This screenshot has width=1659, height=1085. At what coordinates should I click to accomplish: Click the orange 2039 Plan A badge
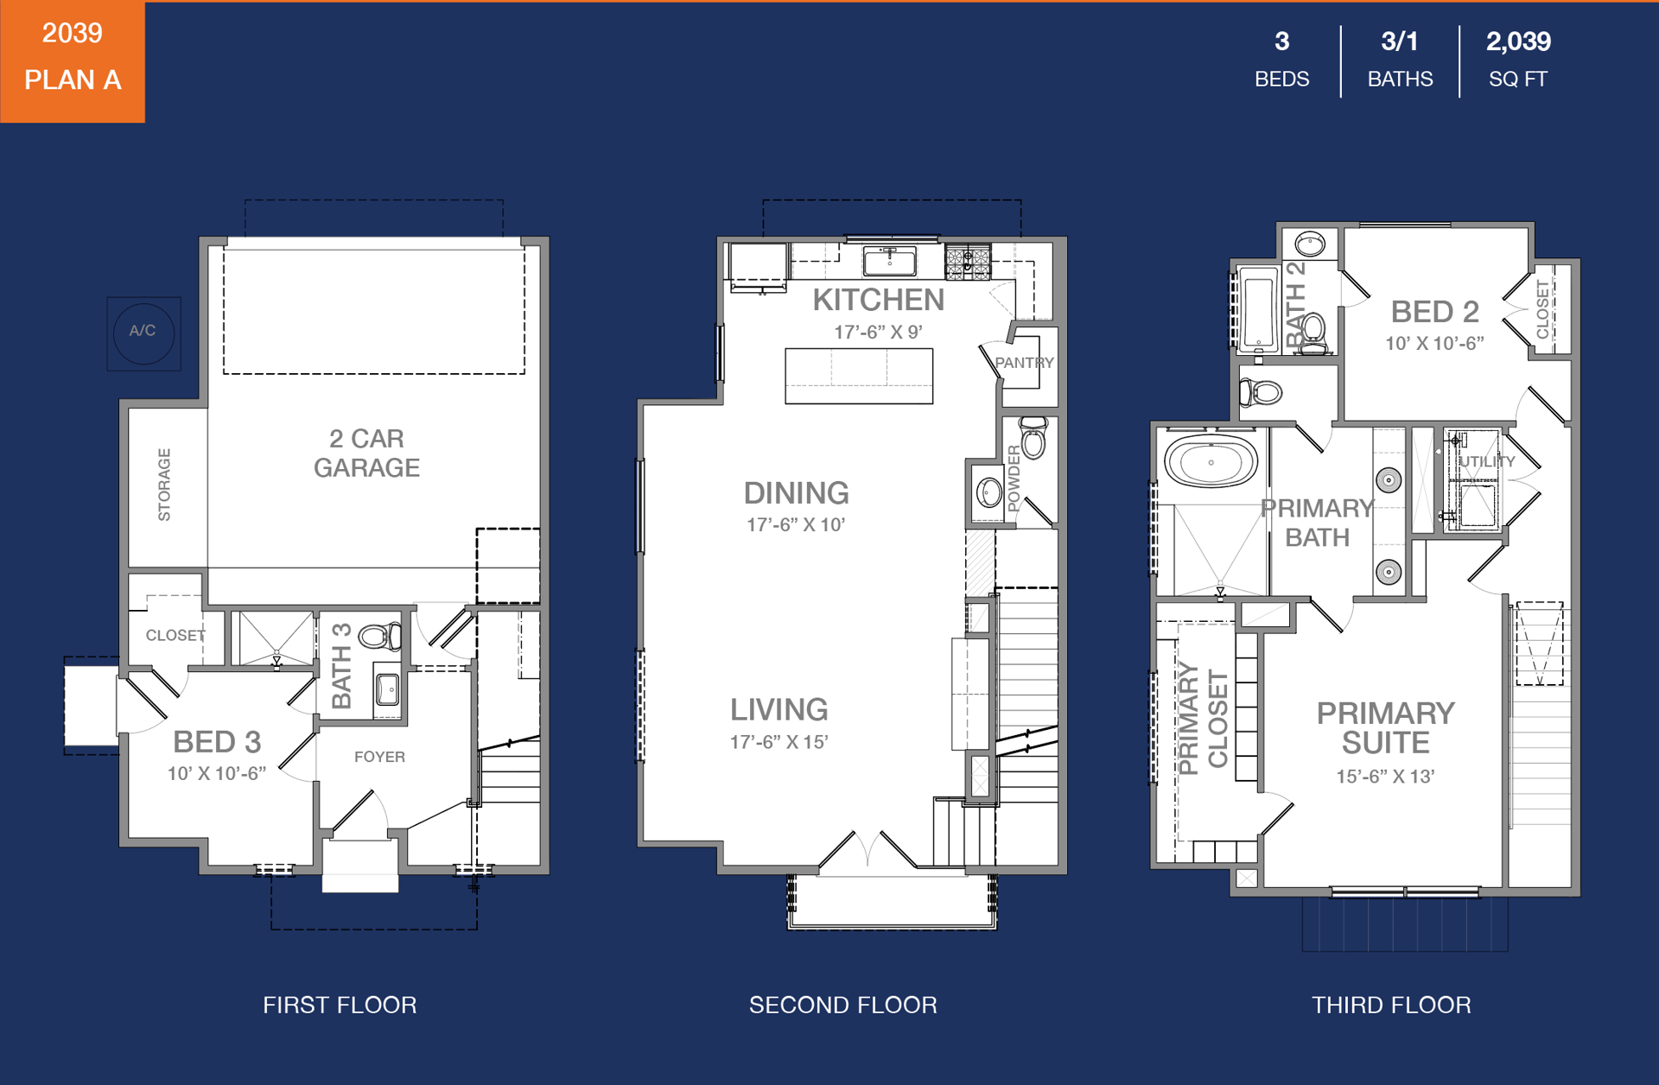73,61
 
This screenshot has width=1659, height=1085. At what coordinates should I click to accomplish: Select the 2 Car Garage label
366,453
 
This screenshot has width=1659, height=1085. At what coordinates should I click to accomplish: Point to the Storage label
164,485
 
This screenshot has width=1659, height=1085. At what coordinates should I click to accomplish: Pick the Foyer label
379,757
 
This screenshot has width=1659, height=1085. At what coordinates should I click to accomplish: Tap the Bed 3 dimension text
217,773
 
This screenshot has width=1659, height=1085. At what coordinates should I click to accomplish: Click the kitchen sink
890,259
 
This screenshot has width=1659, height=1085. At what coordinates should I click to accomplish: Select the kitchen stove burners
968,262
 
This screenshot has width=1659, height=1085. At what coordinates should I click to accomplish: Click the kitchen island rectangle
859,376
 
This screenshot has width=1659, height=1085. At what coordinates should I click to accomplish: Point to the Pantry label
1024,363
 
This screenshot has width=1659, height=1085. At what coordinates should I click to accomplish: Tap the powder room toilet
1033,437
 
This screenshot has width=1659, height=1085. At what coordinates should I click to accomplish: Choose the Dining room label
796,493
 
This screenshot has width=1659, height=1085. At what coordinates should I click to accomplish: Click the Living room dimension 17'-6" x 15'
779,741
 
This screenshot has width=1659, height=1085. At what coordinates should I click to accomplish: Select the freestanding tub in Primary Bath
1211,461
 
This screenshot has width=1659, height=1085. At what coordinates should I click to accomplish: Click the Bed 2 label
1434,311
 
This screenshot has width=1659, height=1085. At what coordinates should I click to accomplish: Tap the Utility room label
1487,461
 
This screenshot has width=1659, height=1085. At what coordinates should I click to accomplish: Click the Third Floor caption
1391,1005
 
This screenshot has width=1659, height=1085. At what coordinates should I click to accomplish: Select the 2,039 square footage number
1518,41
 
